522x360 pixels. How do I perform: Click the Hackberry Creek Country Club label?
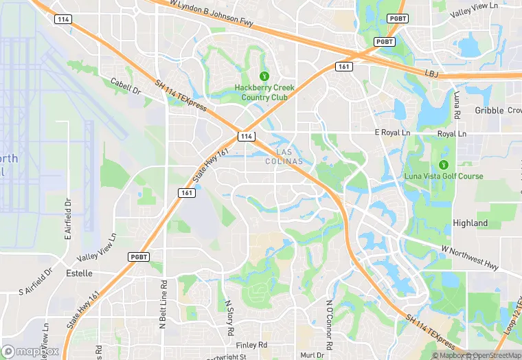coord(264,93)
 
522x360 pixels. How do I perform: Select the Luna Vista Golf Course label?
coord(444,177)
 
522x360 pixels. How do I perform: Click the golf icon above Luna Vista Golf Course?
coord(443,165)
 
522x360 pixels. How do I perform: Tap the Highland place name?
coord(470,223)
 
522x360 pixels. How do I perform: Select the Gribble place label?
coord(489,111)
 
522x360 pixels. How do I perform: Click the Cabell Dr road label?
coord(126,86)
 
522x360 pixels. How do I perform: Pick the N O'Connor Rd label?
coord(330,319)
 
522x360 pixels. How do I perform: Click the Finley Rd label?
coord(250,345)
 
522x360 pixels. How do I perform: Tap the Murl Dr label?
coord(312,355)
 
